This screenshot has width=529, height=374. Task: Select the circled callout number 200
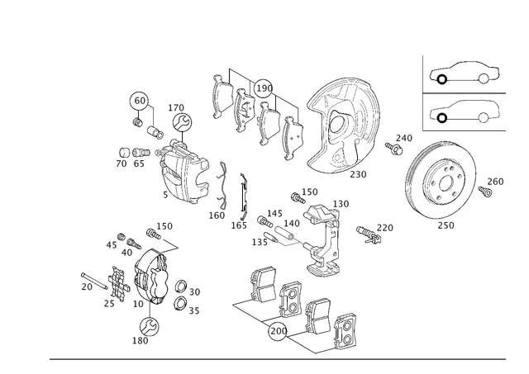278,331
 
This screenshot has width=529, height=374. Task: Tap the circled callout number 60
140,101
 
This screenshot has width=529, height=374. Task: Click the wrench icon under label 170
182,122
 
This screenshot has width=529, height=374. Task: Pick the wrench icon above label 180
150,326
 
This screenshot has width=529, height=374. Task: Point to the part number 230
358,174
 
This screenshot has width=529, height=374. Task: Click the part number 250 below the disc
446,225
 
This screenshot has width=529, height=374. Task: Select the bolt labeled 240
393,149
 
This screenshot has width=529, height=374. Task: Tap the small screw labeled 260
485,192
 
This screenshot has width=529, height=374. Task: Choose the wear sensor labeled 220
368,234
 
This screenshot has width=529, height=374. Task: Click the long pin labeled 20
94,281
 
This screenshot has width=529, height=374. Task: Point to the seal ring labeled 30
181,286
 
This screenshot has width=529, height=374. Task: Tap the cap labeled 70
124,153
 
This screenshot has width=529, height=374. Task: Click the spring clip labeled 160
223,185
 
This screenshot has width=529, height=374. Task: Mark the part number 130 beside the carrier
341,204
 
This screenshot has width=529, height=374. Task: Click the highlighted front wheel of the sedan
442,79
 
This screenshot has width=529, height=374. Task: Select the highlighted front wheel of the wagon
442,118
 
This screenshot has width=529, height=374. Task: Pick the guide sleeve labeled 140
284,233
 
